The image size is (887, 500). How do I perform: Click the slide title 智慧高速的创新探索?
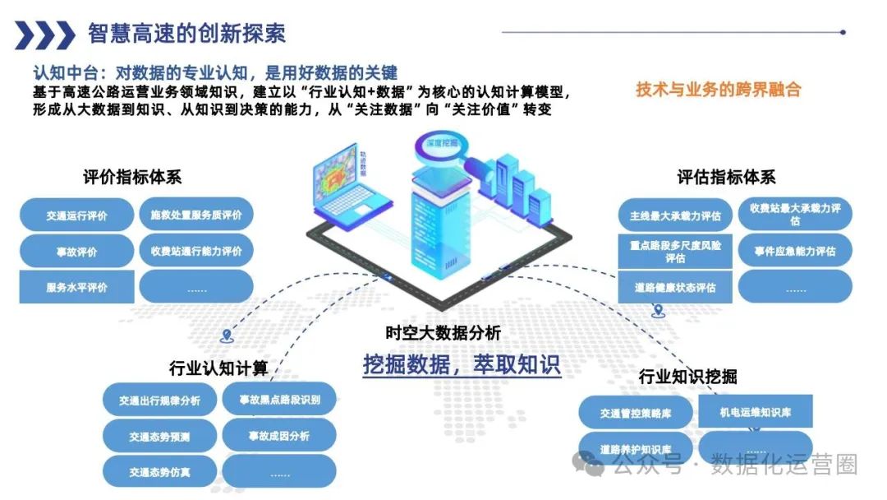186,34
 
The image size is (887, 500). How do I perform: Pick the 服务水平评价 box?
76,288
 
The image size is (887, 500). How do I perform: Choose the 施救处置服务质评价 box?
196,215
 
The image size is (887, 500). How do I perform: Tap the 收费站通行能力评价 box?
196,251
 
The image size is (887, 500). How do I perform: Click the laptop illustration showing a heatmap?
343,185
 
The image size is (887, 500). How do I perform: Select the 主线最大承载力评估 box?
675,216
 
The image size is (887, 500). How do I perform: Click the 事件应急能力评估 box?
795,251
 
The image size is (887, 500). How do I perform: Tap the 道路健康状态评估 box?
675,288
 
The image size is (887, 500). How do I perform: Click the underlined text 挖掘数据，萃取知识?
462,363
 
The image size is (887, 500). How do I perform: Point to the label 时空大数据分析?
443,333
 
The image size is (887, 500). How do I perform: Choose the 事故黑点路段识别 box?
280,400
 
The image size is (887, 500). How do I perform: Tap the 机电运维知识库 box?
756,412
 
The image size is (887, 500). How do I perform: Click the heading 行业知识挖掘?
687,377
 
